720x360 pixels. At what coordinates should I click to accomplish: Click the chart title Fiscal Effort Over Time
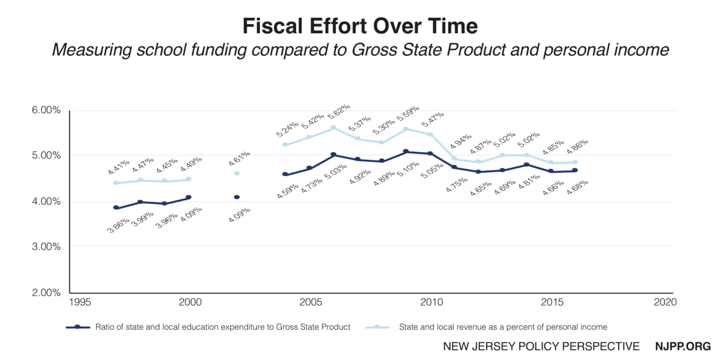click(360, 26)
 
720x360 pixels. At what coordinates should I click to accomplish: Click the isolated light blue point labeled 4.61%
click(237, 173)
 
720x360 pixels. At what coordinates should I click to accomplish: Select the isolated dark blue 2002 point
click(237, 197)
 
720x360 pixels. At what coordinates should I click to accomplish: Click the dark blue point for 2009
click(406, 151)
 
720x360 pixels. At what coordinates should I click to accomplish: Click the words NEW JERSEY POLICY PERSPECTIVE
click(541, 346)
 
